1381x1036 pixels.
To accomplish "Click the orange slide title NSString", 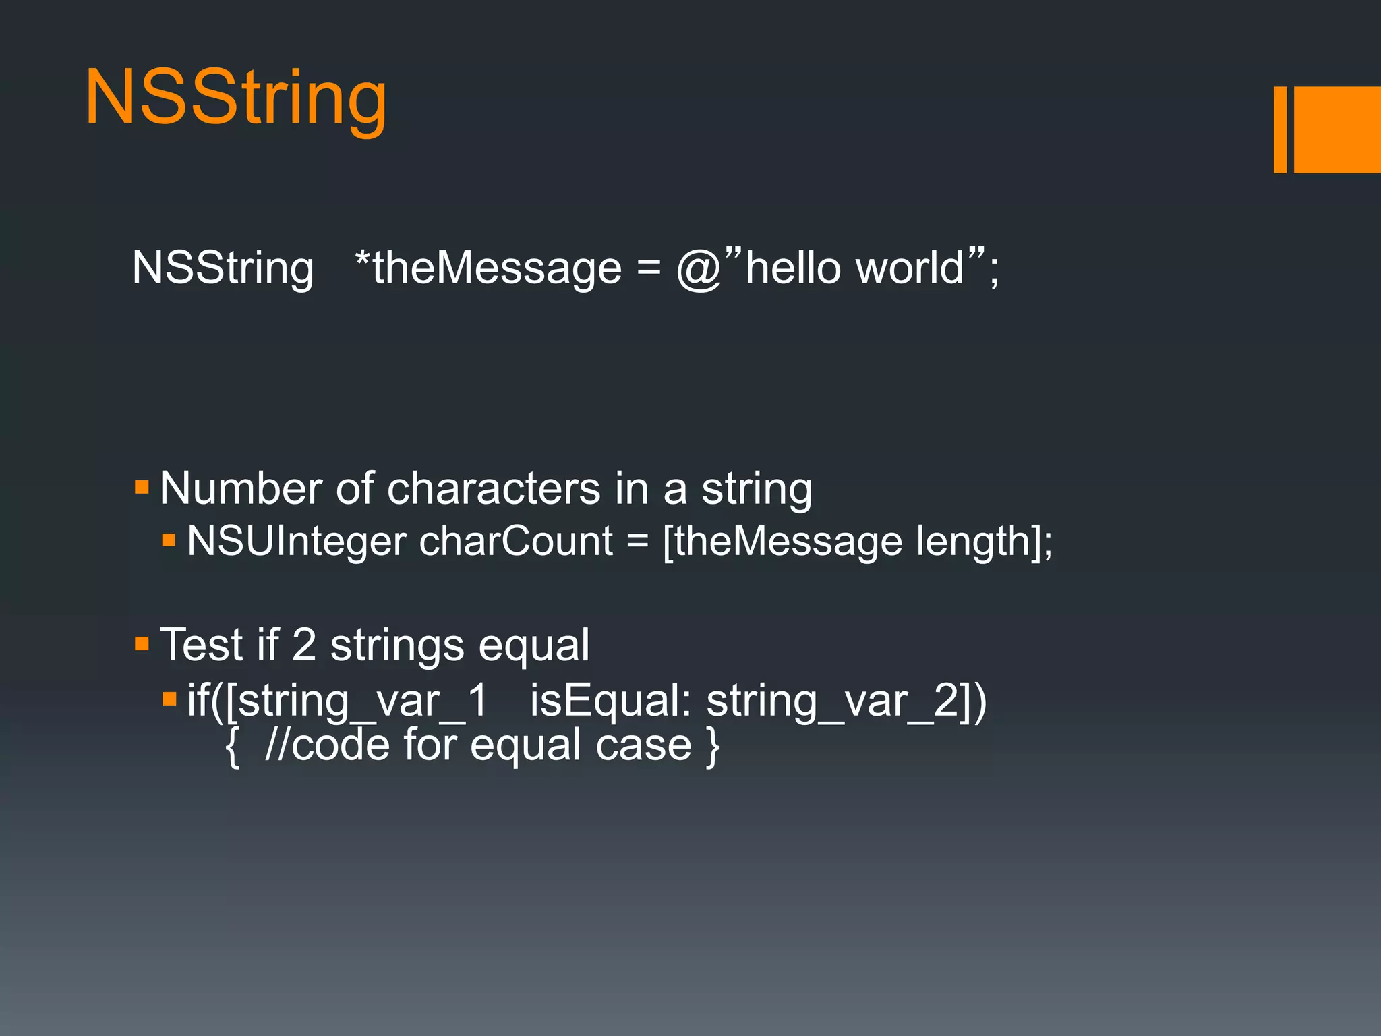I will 236,98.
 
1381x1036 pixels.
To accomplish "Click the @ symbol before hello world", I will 699,270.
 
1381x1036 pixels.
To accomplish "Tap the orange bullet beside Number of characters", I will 142,487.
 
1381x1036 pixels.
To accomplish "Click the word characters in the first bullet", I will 494,488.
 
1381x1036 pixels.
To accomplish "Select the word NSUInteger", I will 297,542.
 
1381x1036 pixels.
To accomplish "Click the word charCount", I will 516,542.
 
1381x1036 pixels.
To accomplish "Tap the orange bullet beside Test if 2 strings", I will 142,643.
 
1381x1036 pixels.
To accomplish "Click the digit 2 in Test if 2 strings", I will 304,645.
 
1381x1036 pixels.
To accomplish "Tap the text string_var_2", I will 833,701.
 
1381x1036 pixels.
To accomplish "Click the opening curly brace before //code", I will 233,746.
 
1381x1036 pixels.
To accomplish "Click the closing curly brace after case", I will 713,746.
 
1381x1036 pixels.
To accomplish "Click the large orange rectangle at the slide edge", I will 1336,129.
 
